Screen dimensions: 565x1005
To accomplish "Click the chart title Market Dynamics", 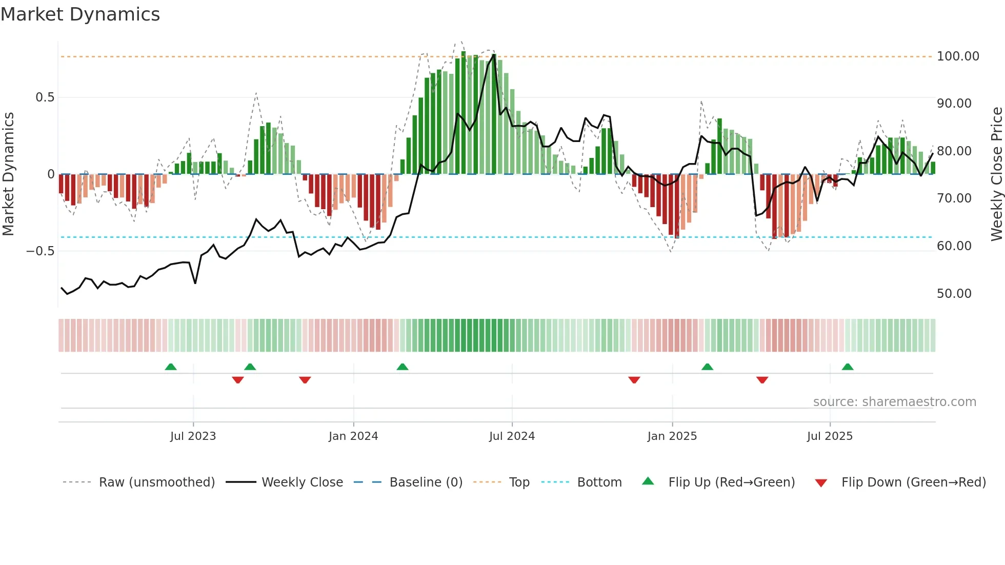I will pos(80,14).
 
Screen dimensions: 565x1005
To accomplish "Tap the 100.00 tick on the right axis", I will pos(957,56).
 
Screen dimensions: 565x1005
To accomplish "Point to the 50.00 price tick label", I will pos(954,294).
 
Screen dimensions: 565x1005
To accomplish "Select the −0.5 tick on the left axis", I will pos(40,251).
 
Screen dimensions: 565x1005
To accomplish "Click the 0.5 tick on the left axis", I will pos(45,97).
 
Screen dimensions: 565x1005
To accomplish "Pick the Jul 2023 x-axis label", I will pos(193,436).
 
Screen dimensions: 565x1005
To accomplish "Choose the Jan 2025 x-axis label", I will pos(672,436).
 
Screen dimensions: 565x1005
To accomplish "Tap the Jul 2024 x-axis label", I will pos(512,436).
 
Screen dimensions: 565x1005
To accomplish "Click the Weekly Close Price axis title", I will pos(996,174).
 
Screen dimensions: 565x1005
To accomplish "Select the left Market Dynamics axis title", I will pos(8,174).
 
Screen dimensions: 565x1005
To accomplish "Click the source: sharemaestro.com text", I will pos(894,402).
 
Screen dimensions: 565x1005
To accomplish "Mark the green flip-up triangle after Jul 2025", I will pos(848,367).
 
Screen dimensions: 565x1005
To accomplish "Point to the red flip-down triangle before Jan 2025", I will pos(634,380).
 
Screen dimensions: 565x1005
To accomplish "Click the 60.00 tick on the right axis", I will pos(954,246).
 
